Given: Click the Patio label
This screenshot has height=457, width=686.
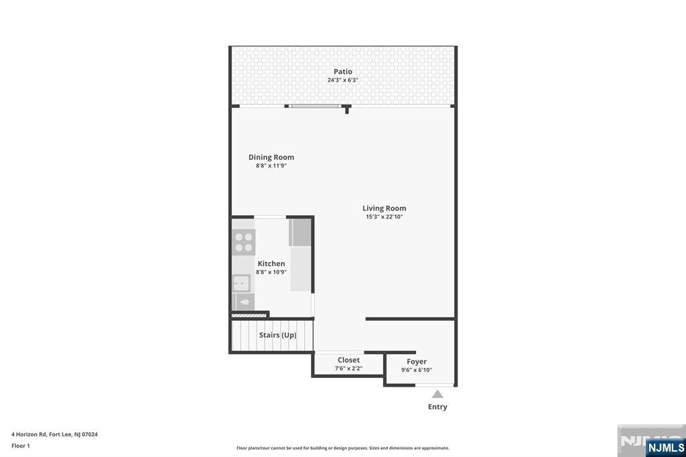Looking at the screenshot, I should click(x=343, y=72).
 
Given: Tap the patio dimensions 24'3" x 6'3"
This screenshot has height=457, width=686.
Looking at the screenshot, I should click(x=343, y=80).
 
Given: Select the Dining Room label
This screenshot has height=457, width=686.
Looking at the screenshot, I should click(x=271, y=157).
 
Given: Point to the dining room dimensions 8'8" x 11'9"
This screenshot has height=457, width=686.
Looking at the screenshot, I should click(x=271, y=166).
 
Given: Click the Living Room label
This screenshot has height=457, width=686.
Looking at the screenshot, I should click(x=385, y=208).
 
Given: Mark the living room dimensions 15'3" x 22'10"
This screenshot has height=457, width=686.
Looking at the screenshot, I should click(x=385, y=217).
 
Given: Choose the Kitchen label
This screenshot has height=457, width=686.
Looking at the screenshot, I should click(x=271, y=264).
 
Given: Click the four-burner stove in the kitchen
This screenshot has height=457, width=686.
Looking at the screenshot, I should click(x=244, y=243).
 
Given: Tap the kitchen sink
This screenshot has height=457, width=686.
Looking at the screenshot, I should click(x=241, y=283).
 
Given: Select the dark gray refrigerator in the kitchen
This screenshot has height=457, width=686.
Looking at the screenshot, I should click(x=301, y=232).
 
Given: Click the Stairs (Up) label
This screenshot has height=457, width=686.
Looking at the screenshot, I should click(x=277, y=335).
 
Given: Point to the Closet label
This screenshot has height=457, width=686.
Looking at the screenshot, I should click(x=348, y=361).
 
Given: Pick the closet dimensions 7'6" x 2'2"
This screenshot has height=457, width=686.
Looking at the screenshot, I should click(x=348, y=369).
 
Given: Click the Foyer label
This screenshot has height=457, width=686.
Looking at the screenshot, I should click(x=417, y=362).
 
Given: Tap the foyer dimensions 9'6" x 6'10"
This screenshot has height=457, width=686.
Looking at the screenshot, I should click(x=417, y=370).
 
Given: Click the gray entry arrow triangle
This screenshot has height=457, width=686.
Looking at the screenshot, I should click(x=437, y=394).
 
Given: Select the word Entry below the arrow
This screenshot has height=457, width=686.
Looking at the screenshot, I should click(x=437, y=407).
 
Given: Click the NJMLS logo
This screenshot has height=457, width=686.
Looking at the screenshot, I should click(x=665, y=447).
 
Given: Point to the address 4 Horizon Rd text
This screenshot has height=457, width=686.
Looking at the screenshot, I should click(x=54, y=434).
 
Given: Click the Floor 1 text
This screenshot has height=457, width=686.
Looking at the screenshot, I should click(x=21, y=446).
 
